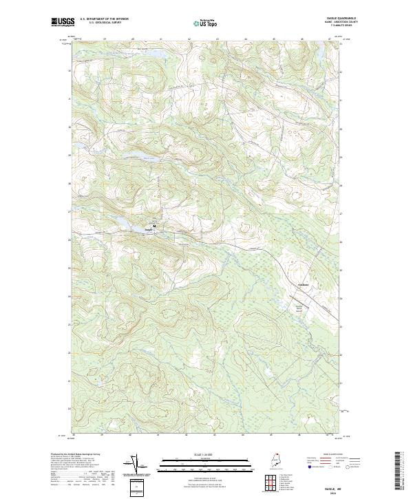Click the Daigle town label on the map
click(149, 229)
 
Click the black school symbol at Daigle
click(155, 225)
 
